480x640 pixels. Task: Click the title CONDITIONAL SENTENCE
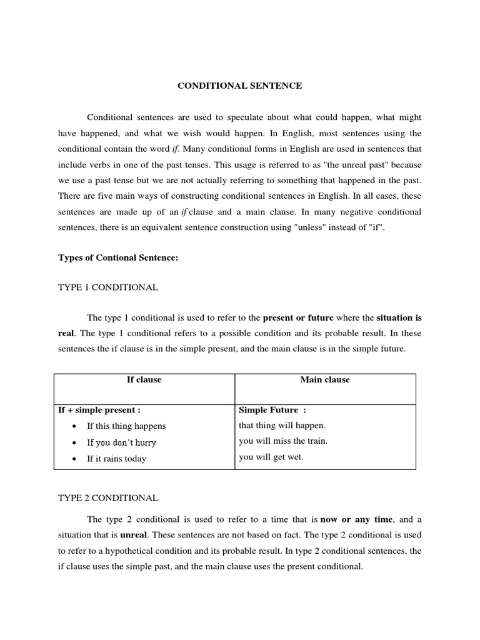point(239,86)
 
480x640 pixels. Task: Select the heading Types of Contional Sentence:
point(118,258)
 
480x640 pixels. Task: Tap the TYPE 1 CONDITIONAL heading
point(108,287)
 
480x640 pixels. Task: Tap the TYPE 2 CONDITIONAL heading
point(108,498)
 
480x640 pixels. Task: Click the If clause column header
point(144,380)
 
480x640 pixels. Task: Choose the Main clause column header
point(325,380)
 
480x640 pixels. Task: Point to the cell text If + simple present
point(99,410)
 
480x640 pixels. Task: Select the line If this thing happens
point(126,426)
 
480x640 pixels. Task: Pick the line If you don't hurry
point(121,442)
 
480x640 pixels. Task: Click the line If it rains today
point(116,459)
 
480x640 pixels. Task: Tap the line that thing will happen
point(282,425)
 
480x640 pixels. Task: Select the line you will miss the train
point(283,441)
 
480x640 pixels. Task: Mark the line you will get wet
point(271,457)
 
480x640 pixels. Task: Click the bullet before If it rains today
point(74,459)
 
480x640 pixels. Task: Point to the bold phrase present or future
point(298,317)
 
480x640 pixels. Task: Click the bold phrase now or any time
point(357,519)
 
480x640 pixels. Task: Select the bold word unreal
point(133,536)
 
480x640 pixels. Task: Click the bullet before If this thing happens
point(74,426)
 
